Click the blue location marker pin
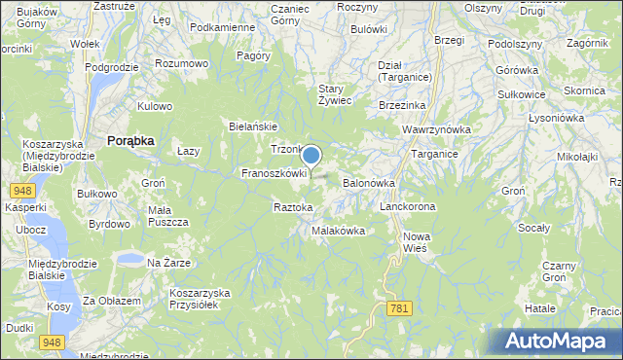(311, 156)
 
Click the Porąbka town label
(130, 140)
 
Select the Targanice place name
(434, 154)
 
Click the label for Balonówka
(367, 182)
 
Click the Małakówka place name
(338, 231)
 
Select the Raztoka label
(293, 207)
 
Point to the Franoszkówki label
(275, 173)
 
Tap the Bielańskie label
(253, 126)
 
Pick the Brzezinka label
(402, 105)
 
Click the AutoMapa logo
(558, 341)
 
